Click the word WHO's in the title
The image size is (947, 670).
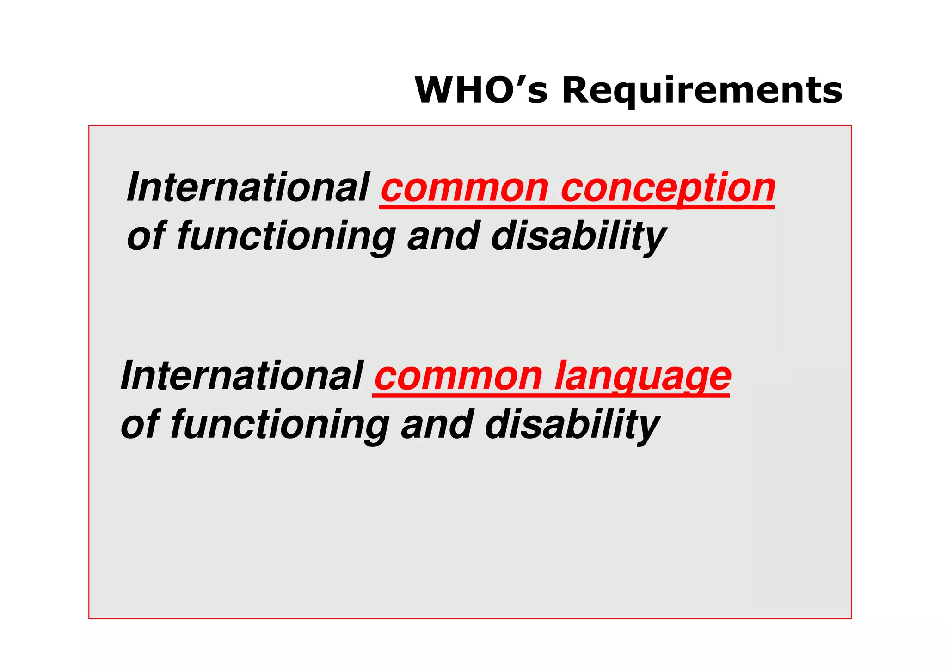(x=481, y=90)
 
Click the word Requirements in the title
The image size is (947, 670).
(x=702, y=91)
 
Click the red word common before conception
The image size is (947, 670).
(x=464, y=188)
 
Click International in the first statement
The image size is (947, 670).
(x=248, y=187)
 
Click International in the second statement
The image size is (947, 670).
(x=241, y=376)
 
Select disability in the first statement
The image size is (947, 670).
(x=578, y=237)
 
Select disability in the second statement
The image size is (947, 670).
(x=572, y=425)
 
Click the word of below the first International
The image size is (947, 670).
(x=146, y=237)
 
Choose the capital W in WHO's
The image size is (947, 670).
(x=435, y=90)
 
